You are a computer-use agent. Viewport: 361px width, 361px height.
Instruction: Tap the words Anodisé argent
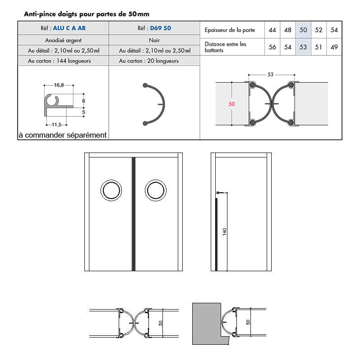point(63,40)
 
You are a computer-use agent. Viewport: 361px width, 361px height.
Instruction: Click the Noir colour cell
point(154,40)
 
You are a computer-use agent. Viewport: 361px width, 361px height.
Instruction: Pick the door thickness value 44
point(272,30)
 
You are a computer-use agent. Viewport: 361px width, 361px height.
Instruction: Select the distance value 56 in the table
point(272,47)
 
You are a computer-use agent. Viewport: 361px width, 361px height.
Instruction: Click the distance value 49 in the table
point(334,47)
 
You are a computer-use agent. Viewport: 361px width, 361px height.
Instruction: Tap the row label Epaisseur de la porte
point(230,30)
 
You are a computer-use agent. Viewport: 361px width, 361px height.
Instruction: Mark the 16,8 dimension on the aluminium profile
point(59,84)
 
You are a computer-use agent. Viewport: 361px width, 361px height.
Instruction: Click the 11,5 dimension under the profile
point(56,125)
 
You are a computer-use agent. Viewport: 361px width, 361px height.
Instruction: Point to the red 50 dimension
point(231,104)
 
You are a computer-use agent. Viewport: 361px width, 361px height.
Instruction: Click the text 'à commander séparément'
point(63,134)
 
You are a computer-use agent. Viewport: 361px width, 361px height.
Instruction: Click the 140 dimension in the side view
point(225,232)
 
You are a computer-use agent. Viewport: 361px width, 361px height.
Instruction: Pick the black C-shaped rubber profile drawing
point(155,104)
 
